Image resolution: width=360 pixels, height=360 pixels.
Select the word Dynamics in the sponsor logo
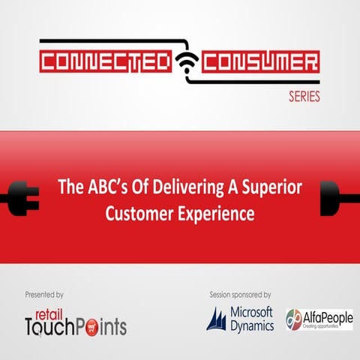253,326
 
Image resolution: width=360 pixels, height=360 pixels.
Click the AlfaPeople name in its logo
327,316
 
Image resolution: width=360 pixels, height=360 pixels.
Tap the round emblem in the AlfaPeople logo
294,320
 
